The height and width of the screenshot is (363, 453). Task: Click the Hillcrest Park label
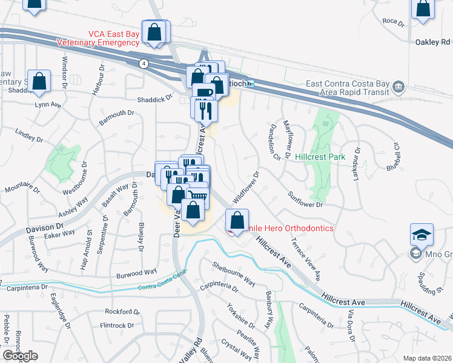pyautogui.click(x=320, y=157)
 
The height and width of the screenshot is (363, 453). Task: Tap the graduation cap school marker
pyautogui.click(x=422, y=234)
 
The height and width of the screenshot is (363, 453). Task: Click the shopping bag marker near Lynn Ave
pyautogui.click(x=39, y=83)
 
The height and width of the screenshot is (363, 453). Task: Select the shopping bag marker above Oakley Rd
pyautogui.click(x=422, y=10)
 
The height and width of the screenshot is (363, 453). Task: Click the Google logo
pyautogui.click(x=20, y=356)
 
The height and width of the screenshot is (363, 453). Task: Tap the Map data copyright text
pyautogui.click(x=428, y=358)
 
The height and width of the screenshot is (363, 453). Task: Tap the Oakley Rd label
pyautogui.click(x=433, y=42)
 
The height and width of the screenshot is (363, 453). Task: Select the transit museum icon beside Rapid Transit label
pyautogui.click(x=398, y=87)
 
